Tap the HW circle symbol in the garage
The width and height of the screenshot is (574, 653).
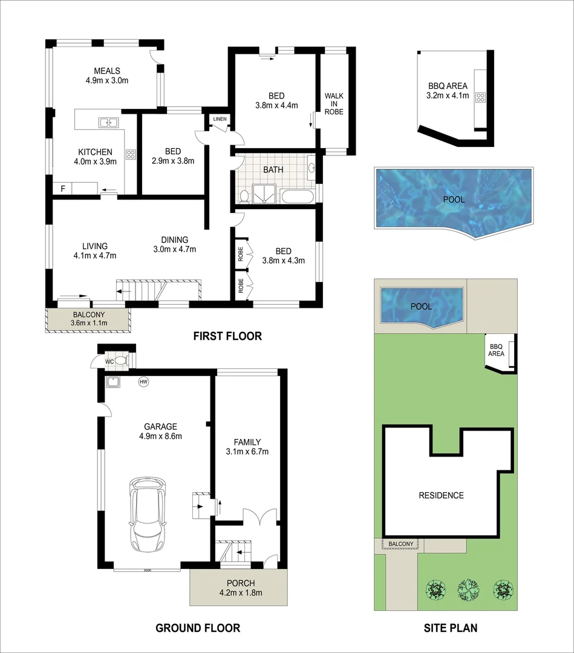[x=143, y=382]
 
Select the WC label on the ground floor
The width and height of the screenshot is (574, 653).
[x=109, y=361]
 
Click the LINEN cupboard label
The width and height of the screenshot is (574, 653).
[x=219, y=119]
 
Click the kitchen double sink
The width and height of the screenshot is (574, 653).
[x=108, y=123]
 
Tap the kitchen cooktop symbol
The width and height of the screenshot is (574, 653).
[x=130, y=154]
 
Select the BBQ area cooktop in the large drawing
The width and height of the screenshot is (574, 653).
[x=481, y=97]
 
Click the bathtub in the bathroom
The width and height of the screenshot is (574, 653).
[x=297, y=196]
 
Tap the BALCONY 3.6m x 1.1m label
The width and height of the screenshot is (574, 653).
[x=90, y=319]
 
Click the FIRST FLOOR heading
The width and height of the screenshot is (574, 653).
[x=227, y=336]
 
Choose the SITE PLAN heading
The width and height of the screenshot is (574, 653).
[x=449, y=628]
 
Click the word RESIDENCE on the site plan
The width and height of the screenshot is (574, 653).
[x=441, y=495]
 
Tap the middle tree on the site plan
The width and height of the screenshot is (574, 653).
[x=467, y=588]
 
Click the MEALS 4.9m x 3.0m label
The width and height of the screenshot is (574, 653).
[x=106, y=75]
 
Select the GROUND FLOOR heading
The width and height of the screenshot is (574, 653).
[x=197, y=628]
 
